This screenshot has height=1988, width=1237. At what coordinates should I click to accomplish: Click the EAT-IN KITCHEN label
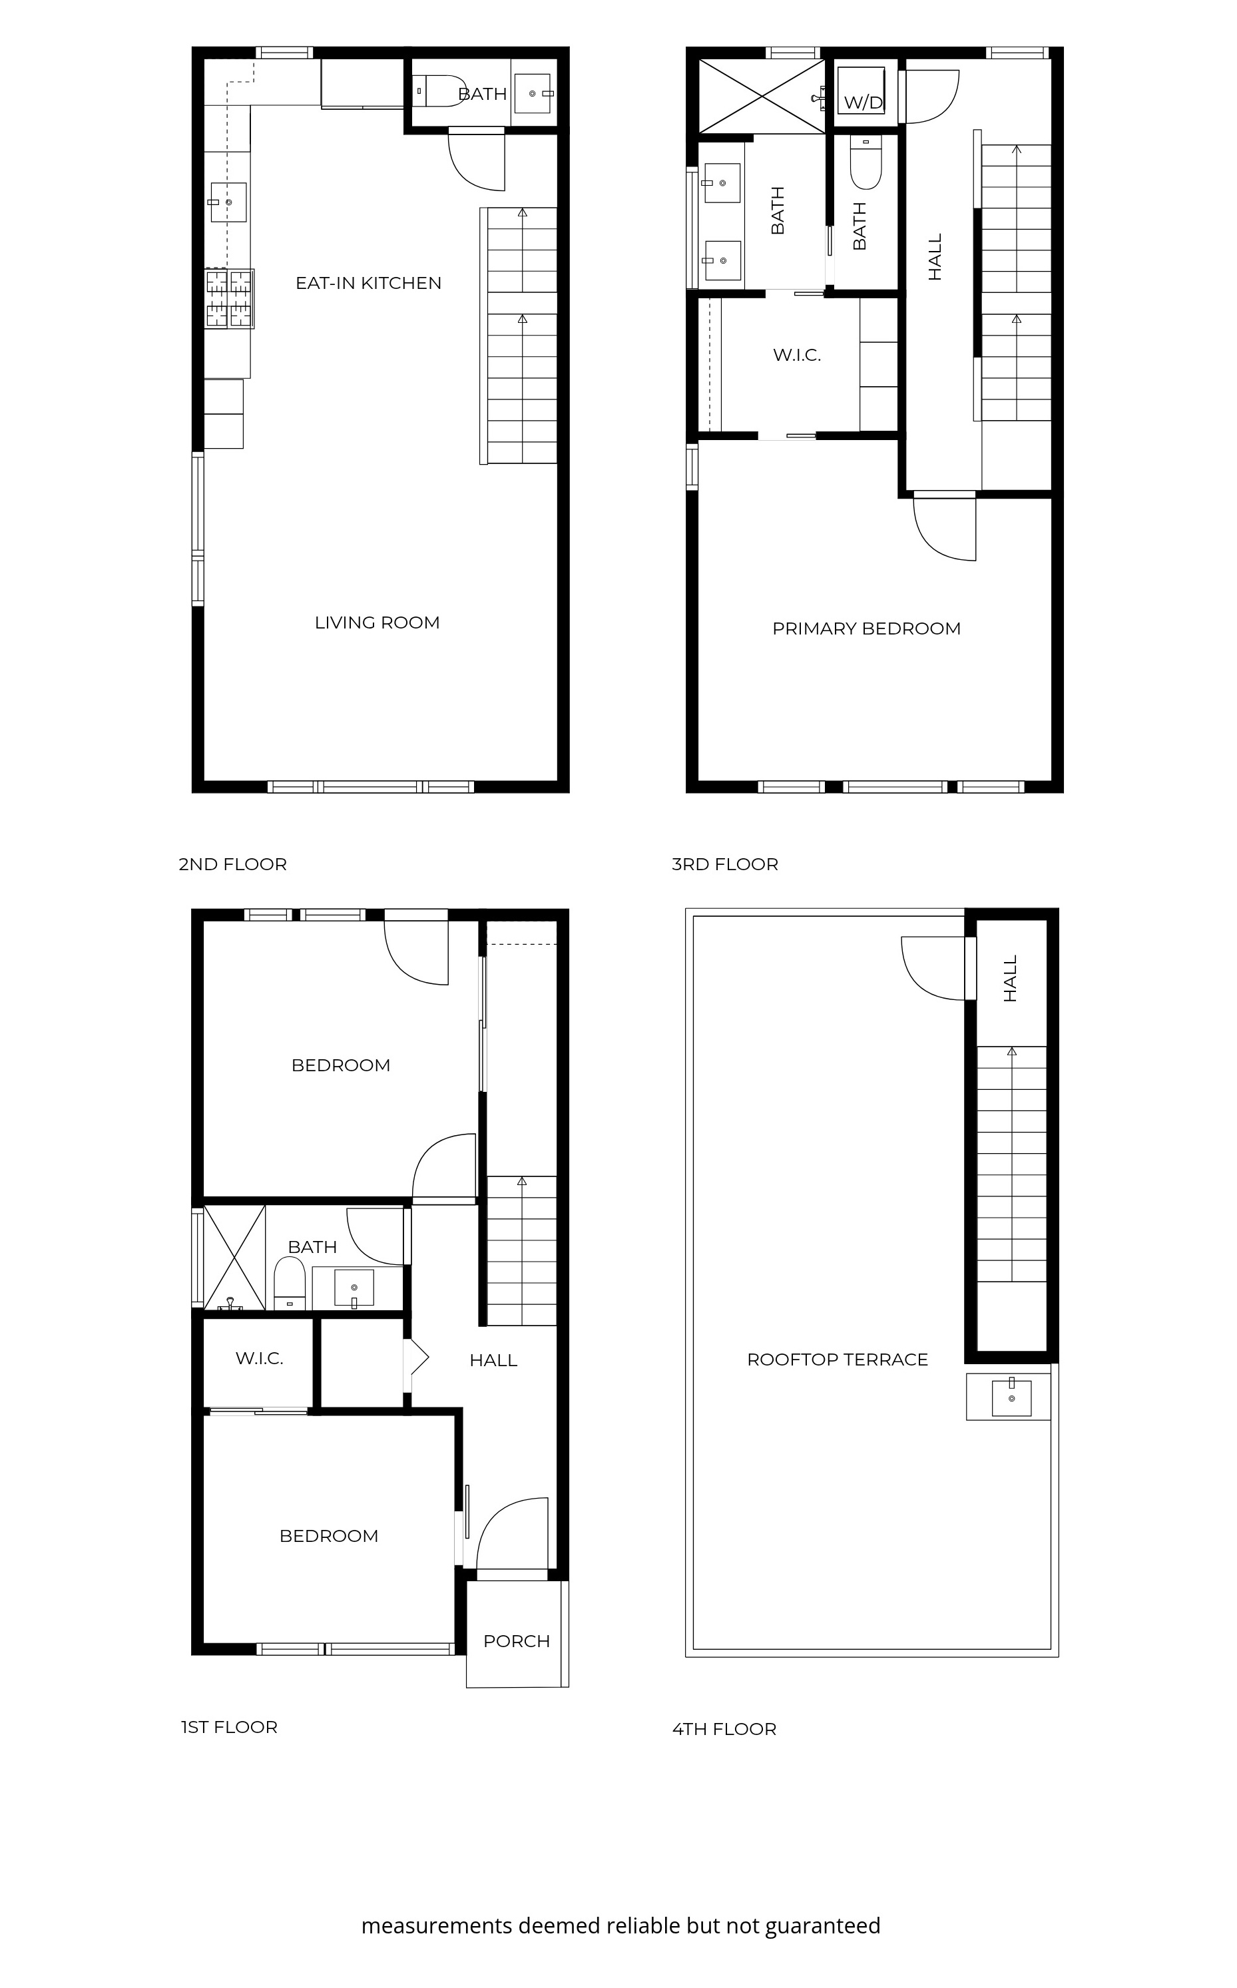click(x=368, y=283)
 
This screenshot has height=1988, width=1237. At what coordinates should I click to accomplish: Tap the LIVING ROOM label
click(x=377, y=622)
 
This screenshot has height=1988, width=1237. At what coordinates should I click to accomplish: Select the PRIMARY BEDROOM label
click(x=866, y=628)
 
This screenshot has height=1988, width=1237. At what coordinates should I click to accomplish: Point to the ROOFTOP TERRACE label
click(x=838, y=1359)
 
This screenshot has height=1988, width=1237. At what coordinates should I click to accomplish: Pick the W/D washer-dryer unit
click(x=861, y=91)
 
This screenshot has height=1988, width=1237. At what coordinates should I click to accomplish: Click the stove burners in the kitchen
click(x=229, y=299)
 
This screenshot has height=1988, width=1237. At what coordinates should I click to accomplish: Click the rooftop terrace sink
click(x=1011, y=1397)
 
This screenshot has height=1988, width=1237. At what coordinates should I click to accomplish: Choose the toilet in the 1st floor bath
click(x=289, y=1283)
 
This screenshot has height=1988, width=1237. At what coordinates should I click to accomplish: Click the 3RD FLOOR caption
click(x=725, y=864)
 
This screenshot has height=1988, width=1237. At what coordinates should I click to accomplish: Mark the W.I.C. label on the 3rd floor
click(x=797, y=355)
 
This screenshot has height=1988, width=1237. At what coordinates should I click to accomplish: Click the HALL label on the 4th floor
click(x=1011, y=979)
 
